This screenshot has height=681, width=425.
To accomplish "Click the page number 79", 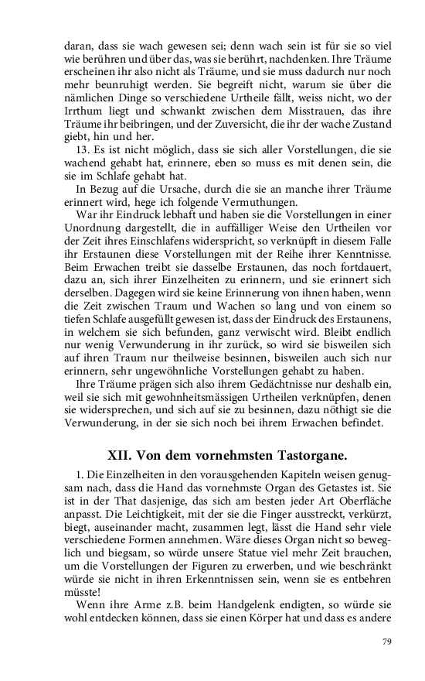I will tap(389, 641).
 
